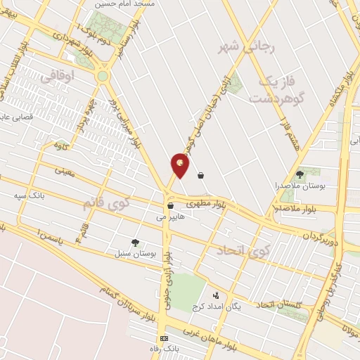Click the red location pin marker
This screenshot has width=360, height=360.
point(180,166)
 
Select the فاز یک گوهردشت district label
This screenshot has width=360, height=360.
point(280,89)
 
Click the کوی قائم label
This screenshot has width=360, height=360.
point(107,202)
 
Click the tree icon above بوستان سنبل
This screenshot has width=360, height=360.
point(135,242)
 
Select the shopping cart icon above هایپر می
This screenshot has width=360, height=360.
point(170,206)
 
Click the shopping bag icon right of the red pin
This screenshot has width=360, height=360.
point(202,175)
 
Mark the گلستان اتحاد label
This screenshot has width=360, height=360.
point(278,304)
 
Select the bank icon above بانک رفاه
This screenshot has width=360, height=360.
point(164,338)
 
